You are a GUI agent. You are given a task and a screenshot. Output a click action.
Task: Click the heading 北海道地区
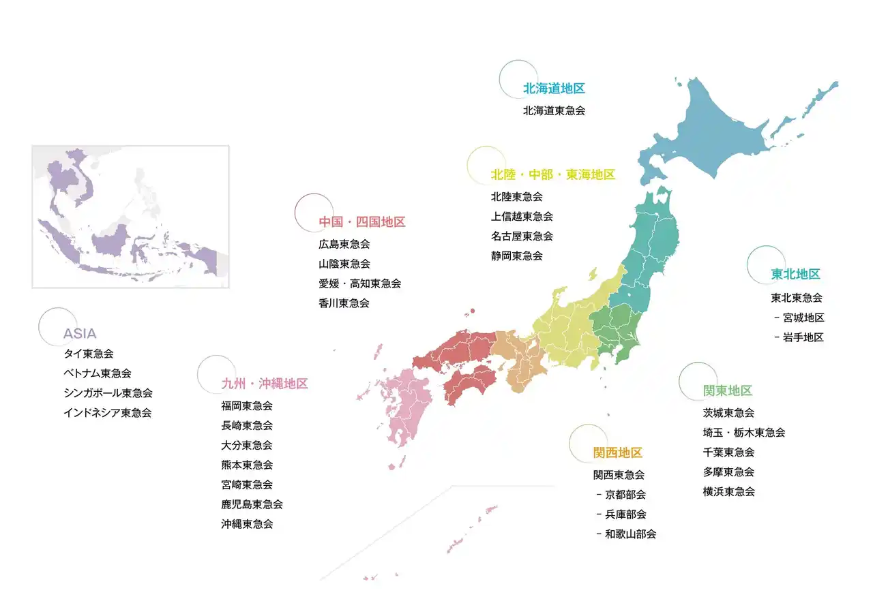(554, 89)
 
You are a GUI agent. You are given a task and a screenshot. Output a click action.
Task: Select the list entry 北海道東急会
(554, 110)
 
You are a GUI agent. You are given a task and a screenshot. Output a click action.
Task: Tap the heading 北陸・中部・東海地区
(552, 175)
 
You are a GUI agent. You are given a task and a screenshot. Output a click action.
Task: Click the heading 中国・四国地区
(361, 222)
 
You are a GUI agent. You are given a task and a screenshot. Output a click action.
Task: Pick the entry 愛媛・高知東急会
(359, 283)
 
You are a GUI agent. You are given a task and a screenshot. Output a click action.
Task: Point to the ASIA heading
(80, 334)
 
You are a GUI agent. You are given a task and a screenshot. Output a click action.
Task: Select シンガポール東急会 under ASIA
(108, 393)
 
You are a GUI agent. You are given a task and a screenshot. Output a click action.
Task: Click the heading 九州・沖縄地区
(265, 384)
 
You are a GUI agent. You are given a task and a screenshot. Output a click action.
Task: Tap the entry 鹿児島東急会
(252, 504)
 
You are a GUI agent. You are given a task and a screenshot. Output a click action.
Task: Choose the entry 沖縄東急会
(247, 524)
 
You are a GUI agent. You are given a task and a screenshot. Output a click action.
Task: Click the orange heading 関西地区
(618, 453)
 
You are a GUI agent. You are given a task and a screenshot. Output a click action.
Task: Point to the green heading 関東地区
(728, 391)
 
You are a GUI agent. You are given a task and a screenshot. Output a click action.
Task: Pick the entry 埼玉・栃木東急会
(744, 433)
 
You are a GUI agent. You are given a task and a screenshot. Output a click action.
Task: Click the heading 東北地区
(795, 275)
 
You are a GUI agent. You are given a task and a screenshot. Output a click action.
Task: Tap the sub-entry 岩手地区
(803, 337)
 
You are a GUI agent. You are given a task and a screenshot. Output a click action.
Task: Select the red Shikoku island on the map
(470, 382)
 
